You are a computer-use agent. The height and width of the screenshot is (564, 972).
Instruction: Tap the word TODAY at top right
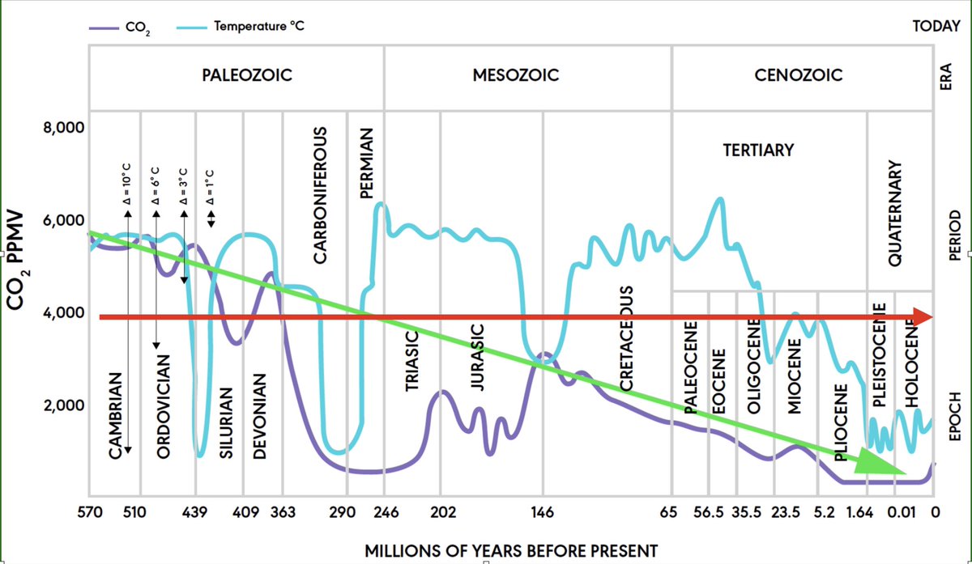click(x=936, y=26)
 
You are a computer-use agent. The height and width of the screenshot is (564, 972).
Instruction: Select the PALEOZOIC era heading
click(x=246, y=76)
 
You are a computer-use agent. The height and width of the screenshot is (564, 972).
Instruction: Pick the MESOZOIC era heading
click(x=516, y=76)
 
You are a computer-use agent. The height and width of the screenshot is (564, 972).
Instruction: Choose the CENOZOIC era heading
click(x=798, y=76)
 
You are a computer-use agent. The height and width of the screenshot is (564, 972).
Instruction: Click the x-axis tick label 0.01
click(x=900, y=512)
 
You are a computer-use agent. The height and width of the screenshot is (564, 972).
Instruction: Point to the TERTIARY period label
click(x=758, y=151)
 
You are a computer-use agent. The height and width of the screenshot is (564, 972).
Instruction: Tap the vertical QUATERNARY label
click(x=895, y=214)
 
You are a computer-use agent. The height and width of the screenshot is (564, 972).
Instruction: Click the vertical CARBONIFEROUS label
click(x=320, y=194)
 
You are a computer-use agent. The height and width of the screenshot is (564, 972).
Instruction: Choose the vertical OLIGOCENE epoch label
click(x=753, y=366)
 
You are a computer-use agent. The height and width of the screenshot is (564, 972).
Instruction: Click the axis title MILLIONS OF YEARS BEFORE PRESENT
click(x=511, y=550)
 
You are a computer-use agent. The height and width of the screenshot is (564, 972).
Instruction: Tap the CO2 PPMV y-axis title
click(x=18, y=261)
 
